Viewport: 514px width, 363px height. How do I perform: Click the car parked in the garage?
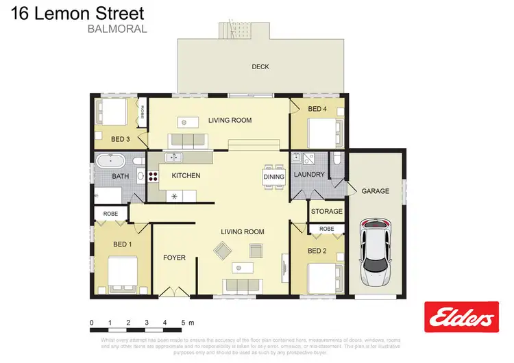click(x=376, y=252)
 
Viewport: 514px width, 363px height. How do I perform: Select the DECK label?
click(x=260, y=67)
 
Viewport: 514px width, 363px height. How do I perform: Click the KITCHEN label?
click(x=186, y=176)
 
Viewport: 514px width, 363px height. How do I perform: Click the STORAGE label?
click(x=326, y=212)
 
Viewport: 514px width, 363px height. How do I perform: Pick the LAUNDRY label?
click(x=308, y=175)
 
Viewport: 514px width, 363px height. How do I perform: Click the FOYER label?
click(x=174, y=258)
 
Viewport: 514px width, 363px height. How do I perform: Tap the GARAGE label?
click(x=376, y=191)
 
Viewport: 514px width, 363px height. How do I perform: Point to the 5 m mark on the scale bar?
click(x=183, y=322)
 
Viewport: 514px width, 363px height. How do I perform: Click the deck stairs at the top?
click(x=236, y=30)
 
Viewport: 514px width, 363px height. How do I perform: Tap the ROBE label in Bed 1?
click(x=110, y=214)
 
